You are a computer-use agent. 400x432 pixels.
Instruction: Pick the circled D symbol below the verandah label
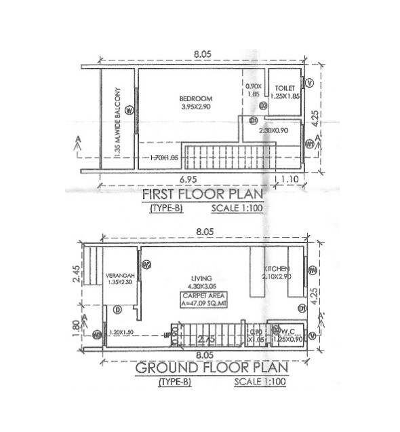pos(117,310)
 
